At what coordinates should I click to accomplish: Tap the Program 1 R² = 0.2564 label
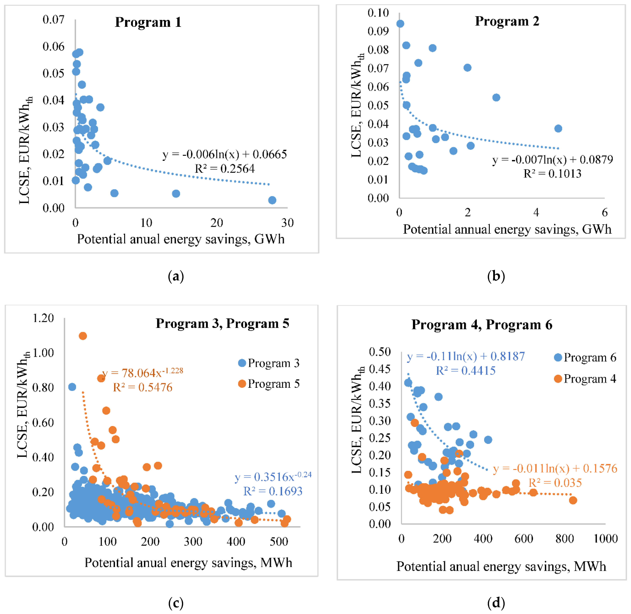225,169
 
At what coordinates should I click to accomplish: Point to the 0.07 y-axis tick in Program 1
54,20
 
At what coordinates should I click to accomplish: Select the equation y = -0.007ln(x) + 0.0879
552,160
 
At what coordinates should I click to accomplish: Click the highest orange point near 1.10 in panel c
83,336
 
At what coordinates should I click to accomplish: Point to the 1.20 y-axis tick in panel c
43,318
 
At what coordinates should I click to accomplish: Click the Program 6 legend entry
585,357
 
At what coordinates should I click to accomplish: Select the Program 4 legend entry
585,379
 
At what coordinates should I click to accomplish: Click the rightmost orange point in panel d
573,500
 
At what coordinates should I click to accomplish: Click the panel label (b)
496,276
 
